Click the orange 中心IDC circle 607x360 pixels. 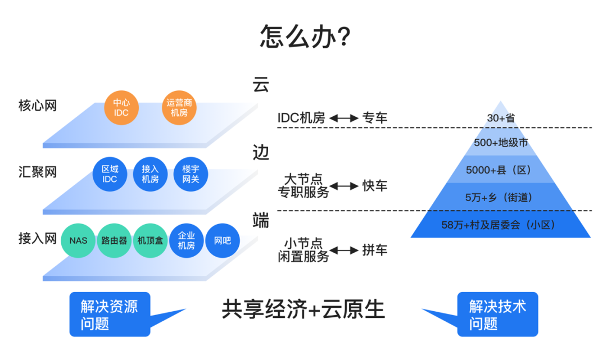coord(121,107)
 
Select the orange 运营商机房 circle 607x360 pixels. coord(179,107)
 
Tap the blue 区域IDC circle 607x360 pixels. coord(110,174)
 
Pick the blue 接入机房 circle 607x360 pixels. coord(150,174)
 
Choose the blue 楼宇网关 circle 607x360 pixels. coord(191,174)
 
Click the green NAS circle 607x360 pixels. coord(78,240)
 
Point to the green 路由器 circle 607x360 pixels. coord(114,240)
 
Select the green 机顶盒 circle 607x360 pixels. coord(150,240)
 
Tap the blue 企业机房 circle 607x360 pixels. coord(186,240)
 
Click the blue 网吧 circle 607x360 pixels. coord(223,240)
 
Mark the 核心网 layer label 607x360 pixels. coord(38,105)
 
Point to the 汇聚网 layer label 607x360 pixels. coord(38,172)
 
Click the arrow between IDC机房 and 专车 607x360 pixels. coord(344,118)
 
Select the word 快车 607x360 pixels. coord(375,186)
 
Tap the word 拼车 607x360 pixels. coord(375,250)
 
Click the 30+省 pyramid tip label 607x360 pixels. coord(501,117)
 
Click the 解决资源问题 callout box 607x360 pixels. coord(110,314)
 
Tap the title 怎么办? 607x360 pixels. coord(305,37)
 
